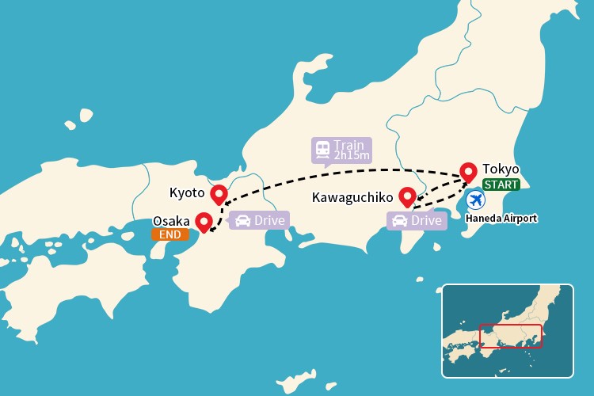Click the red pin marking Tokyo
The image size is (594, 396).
point(468,172)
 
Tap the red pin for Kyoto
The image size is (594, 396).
point(219,193)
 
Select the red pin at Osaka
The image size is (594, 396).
point(204,221)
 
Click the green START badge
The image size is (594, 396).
point(501,185)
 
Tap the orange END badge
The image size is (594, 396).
point(170,234)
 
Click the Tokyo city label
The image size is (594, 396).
point(501,169)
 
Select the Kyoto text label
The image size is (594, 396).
point(187,192)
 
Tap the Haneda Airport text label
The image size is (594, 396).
point(501,218)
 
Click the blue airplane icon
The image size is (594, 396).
point(475,200)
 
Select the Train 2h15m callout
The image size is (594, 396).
point(341,150)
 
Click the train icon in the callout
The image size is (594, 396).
point(322,150)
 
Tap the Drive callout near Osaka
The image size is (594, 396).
point(260,220)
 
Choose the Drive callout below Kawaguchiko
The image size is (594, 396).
point(417,220)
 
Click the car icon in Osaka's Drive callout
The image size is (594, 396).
point(243,220)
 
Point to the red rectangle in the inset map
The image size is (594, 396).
point(510,337)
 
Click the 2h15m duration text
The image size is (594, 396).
point(351,155)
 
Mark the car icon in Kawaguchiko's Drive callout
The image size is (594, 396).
point(400,220)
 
